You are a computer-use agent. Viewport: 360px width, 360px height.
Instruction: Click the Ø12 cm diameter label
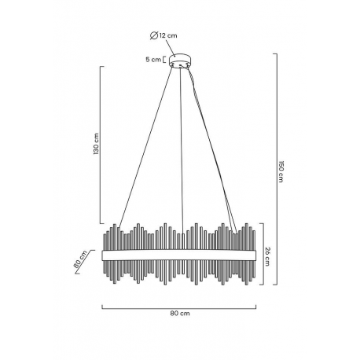click(x=163, y=35)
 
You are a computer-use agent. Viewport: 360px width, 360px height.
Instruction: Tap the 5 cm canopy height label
click(x=153, y=60)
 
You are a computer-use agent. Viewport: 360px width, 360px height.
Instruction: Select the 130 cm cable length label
click(x=97, y=144)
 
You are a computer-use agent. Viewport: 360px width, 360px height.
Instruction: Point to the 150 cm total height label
click(x=281, y=171)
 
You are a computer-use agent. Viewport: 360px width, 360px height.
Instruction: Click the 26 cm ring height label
click(x=267, y=256)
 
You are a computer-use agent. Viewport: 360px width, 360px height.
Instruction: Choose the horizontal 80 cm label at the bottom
click(x=180, y=313)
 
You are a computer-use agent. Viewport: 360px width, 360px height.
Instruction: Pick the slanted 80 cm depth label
click(x=80, y=259)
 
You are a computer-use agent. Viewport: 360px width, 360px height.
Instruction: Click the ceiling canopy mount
click(x=180, y=61)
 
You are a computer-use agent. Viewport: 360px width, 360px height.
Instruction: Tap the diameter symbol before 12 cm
click(x=154, y=35)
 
